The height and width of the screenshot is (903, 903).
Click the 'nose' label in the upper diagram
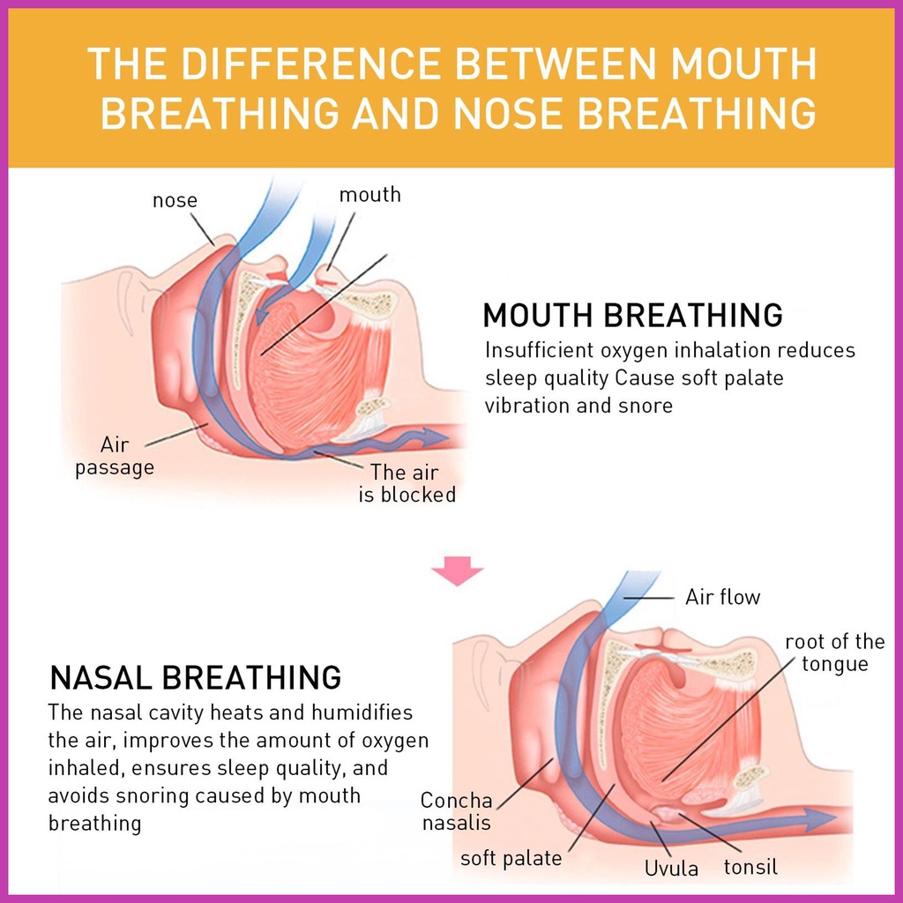(175, 201)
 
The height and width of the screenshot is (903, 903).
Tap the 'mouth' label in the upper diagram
(369, 195)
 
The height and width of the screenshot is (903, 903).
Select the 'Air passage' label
(115, 456)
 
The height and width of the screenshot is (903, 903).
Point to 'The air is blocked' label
(407, 483)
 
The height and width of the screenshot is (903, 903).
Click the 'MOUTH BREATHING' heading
(632, 315)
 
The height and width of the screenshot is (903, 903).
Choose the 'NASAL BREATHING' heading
(195, 677)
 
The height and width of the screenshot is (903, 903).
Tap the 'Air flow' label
(722, 597)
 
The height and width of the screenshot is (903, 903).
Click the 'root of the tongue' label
(834, 653)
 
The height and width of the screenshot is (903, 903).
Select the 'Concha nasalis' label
(456, 811)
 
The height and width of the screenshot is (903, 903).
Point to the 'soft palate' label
(511, 858)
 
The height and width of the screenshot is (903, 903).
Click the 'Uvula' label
(671, 868)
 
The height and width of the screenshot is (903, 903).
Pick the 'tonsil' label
(750, 867)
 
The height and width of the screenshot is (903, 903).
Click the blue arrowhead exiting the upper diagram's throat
(432, 435)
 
